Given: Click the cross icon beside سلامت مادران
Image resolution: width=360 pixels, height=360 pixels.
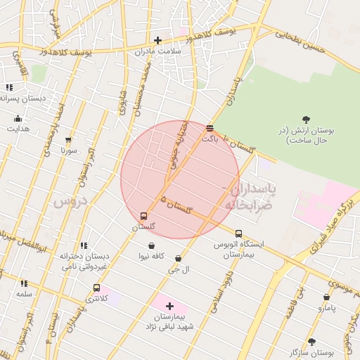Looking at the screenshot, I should pyautogui.click(x=157, y=40).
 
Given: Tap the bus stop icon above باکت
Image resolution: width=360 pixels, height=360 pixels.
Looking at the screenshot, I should pyautogui.click(x=210, y=128).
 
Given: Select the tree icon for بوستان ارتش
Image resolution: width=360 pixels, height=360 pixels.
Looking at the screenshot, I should pyautogui.click(x=305, y=120).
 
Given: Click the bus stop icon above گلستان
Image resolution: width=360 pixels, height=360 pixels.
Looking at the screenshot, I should pyautogui.click(x=144, y=216).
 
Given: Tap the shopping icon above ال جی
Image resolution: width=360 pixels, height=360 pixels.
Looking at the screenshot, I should pyautogui.click(x=178, y=258).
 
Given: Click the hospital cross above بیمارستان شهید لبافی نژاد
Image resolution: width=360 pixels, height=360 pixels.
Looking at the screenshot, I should pyautogui.click(x=169, y=306).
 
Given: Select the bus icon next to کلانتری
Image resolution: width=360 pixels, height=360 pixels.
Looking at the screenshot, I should pyautogui.click(x=96, y=288).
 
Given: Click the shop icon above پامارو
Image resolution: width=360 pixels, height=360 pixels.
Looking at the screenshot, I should pyautogui.click(x=326, y=297).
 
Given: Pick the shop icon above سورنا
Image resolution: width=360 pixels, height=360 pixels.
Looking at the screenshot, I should pyautogui.click(x=68, y=140).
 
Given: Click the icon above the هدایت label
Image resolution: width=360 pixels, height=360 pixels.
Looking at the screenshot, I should pyautogui.click(x=18, y=118).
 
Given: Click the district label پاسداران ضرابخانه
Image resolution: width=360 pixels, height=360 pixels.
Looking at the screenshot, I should pyautogui.click(x=250, y=196).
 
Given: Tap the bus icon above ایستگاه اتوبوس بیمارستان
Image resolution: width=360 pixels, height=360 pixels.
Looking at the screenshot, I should pyautogui.click(x=238, y=233).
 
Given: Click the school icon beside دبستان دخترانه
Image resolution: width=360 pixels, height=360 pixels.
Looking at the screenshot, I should pyautogui.click(x=84, y=245).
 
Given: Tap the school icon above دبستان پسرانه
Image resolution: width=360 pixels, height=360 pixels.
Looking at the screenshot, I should pyautogui.click(x=8, y=88).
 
